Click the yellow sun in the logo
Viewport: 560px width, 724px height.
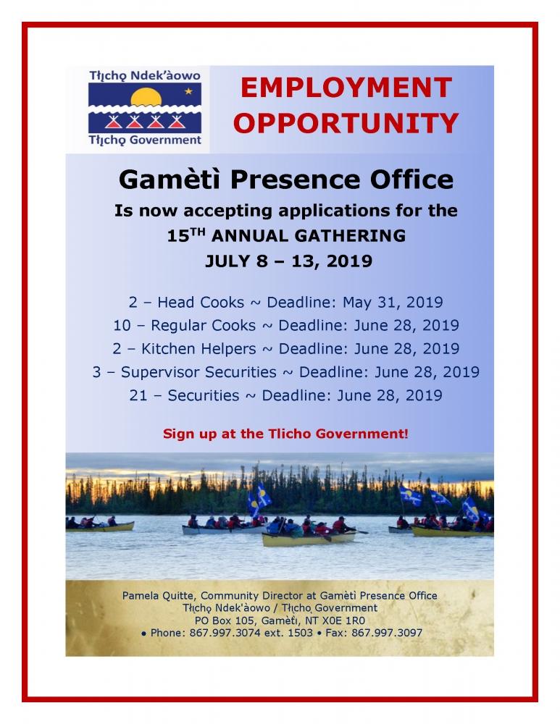point(146,98)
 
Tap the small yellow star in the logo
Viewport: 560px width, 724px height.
point(188,91)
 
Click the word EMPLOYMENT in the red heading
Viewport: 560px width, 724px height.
point(346,88)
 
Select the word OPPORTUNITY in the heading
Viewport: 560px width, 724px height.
point(346,123)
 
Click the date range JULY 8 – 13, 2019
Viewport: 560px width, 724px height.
point(289,261)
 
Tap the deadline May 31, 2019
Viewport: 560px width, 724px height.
point(393,303)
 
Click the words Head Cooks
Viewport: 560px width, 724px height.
point(201,303)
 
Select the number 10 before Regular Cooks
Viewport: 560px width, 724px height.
point(122,326)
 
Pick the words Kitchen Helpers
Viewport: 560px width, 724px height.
point(198,349)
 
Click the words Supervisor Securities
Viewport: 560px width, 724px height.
point(198,372)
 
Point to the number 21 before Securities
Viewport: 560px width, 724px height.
point(138,396)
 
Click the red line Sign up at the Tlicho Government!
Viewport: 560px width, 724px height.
point(285,434)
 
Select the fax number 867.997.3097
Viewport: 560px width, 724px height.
point(387,633)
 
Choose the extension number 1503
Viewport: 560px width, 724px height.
point(301,633)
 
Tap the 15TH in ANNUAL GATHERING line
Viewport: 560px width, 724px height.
point(185,235)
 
